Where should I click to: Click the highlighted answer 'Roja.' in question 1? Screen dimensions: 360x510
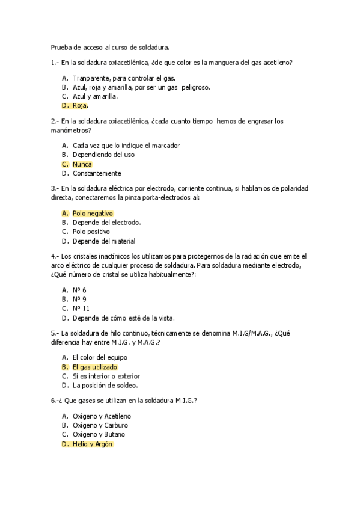(x=80, y=106)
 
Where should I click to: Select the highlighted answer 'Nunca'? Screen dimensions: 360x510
(x=82, y=164)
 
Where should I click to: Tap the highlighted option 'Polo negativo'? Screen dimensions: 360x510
(x=93, y=213)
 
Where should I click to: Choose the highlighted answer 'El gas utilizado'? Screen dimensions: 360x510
(x=94, y=367)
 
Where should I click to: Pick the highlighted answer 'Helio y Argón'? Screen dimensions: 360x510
(x=92, y=444)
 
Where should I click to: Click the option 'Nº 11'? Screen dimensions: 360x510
(x=81, y=309)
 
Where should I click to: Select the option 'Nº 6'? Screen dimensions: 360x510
(x=79, y=290)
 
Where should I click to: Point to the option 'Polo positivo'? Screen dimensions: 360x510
(x=91, y=232)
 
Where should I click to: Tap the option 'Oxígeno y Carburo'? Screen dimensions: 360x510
(x=100, y=425)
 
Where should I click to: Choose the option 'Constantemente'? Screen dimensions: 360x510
(x=96, y=173)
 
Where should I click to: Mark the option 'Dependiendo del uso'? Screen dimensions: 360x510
(x=103, y=155)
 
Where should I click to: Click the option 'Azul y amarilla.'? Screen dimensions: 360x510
(x=95, y=96)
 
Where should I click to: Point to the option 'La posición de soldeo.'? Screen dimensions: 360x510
(x=105, y=386)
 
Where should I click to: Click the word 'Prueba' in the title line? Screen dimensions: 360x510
(x=61, y=47)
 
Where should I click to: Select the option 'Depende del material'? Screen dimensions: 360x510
(x=103, y=241)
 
